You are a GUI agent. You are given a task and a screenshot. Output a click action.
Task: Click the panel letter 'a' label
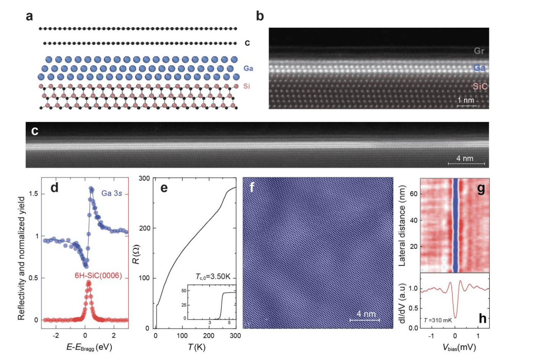pyautogui.click(x=29, y=16)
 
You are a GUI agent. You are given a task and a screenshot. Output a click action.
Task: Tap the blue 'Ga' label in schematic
pyautogui.click(x=248, y=68)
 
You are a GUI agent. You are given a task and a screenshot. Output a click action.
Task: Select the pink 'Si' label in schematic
pyautogui.click(x=247, y=86)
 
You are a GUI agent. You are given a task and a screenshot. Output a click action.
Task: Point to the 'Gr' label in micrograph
pyautogui.click(x=479, y=51)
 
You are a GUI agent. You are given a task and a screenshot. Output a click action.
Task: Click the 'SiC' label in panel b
pyautogui.click(x=480, y=87)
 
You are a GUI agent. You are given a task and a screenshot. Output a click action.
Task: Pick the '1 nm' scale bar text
pyautogui.click(x=466, y=100)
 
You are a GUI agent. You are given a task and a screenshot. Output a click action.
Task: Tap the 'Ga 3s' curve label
pyautogui.click(x=112, y=193)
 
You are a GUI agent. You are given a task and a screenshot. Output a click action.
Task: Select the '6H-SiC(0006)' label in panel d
pyautogui.click(x=98, y=275)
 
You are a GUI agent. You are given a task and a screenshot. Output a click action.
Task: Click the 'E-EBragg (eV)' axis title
pyautogui.click(x=89, y=347)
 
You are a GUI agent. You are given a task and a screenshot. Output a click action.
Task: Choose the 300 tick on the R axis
pyautogui.click(x=144, y=178)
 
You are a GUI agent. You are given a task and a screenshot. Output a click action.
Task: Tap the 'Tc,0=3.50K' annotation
pyautogui.click(x=213, y=276)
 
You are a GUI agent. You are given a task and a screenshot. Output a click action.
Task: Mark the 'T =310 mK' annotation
pyautogui.click(x=438, y=320)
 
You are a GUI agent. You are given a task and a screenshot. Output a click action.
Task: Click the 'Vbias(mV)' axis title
pyautogui.click(x=459, y=347)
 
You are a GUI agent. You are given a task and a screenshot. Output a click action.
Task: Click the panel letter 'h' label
pyautogui.click(x=482, y=318)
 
